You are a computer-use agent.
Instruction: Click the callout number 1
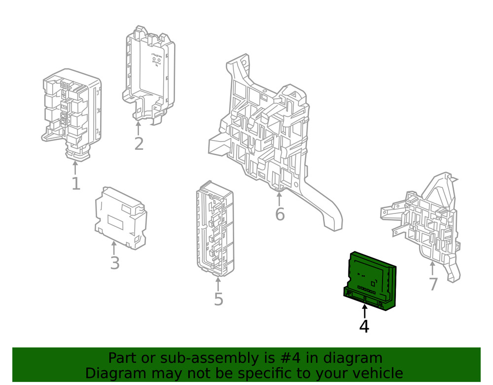point(75,183)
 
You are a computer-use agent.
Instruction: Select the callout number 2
point(139,143)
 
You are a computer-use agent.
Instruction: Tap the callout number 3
point(114,263)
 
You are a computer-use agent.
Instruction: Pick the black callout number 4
point(364,326)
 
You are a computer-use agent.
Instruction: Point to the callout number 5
point(218,299)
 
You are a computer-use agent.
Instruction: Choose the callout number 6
point(280,214)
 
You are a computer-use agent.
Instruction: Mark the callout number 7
point(433,284)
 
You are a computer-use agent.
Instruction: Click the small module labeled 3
point(120,217)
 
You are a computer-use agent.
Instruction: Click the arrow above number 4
point(364,312)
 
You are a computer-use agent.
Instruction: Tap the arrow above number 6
point(280,199)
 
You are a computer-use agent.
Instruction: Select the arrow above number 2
point(139,128)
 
